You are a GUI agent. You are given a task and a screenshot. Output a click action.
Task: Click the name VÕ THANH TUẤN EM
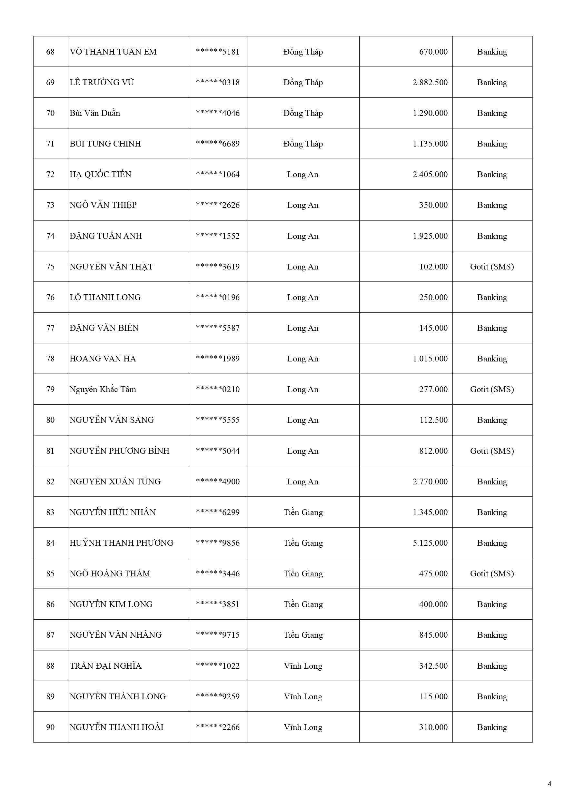tap(113, 52)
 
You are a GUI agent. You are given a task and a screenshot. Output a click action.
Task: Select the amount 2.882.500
tap(430, 82)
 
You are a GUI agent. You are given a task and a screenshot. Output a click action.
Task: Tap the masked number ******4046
tap(218, 113)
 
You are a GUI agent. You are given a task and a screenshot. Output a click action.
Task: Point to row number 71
tap(50, 144)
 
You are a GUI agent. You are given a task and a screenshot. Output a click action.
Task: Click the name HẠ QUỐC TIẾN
tap(100, 175)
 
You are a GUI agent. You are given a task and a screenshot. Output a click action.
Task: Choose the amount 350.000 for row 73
tap(433, 205)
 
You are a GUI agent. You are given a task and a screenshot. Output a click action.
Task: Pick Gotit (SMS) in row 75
tap(492, 267)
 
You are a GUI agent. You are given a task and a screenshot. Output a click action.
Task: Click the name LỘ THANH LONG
tap(105, 297)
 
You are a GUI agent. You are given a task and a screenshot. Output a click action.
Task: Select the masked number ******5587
tap(218, 328)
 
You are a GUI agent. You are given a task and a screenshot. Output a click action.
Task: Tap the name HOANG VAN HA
tap(103, 359)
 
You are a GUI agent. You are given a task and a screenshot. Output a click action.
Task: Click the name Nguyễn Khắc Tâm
tap(103, 389)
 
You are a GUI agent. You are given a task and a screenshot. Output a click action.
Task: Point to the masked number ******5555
tap(218, 420)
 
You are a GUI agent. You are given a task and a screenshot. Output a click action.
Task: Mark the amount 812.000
tap(433, 451)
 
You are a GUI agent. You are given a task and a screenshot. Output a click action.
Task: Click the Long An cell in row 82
tap(303, 482)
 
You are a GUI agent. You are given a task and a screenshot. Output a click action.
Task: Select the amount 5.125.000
tap(430, 543)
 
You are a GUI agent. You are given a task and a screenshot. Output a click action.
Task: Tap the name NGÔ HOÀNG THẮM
tap(110, 573)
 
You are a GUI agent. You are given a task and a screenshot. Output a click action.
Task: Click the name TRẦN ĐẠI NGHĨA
tap(105, 666)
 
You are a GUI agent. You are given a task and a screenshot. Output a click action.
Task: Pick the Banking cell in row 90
tap(492, 727)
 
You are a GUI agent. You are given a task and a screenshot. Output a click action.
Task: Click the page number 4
tap(550, 784)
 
